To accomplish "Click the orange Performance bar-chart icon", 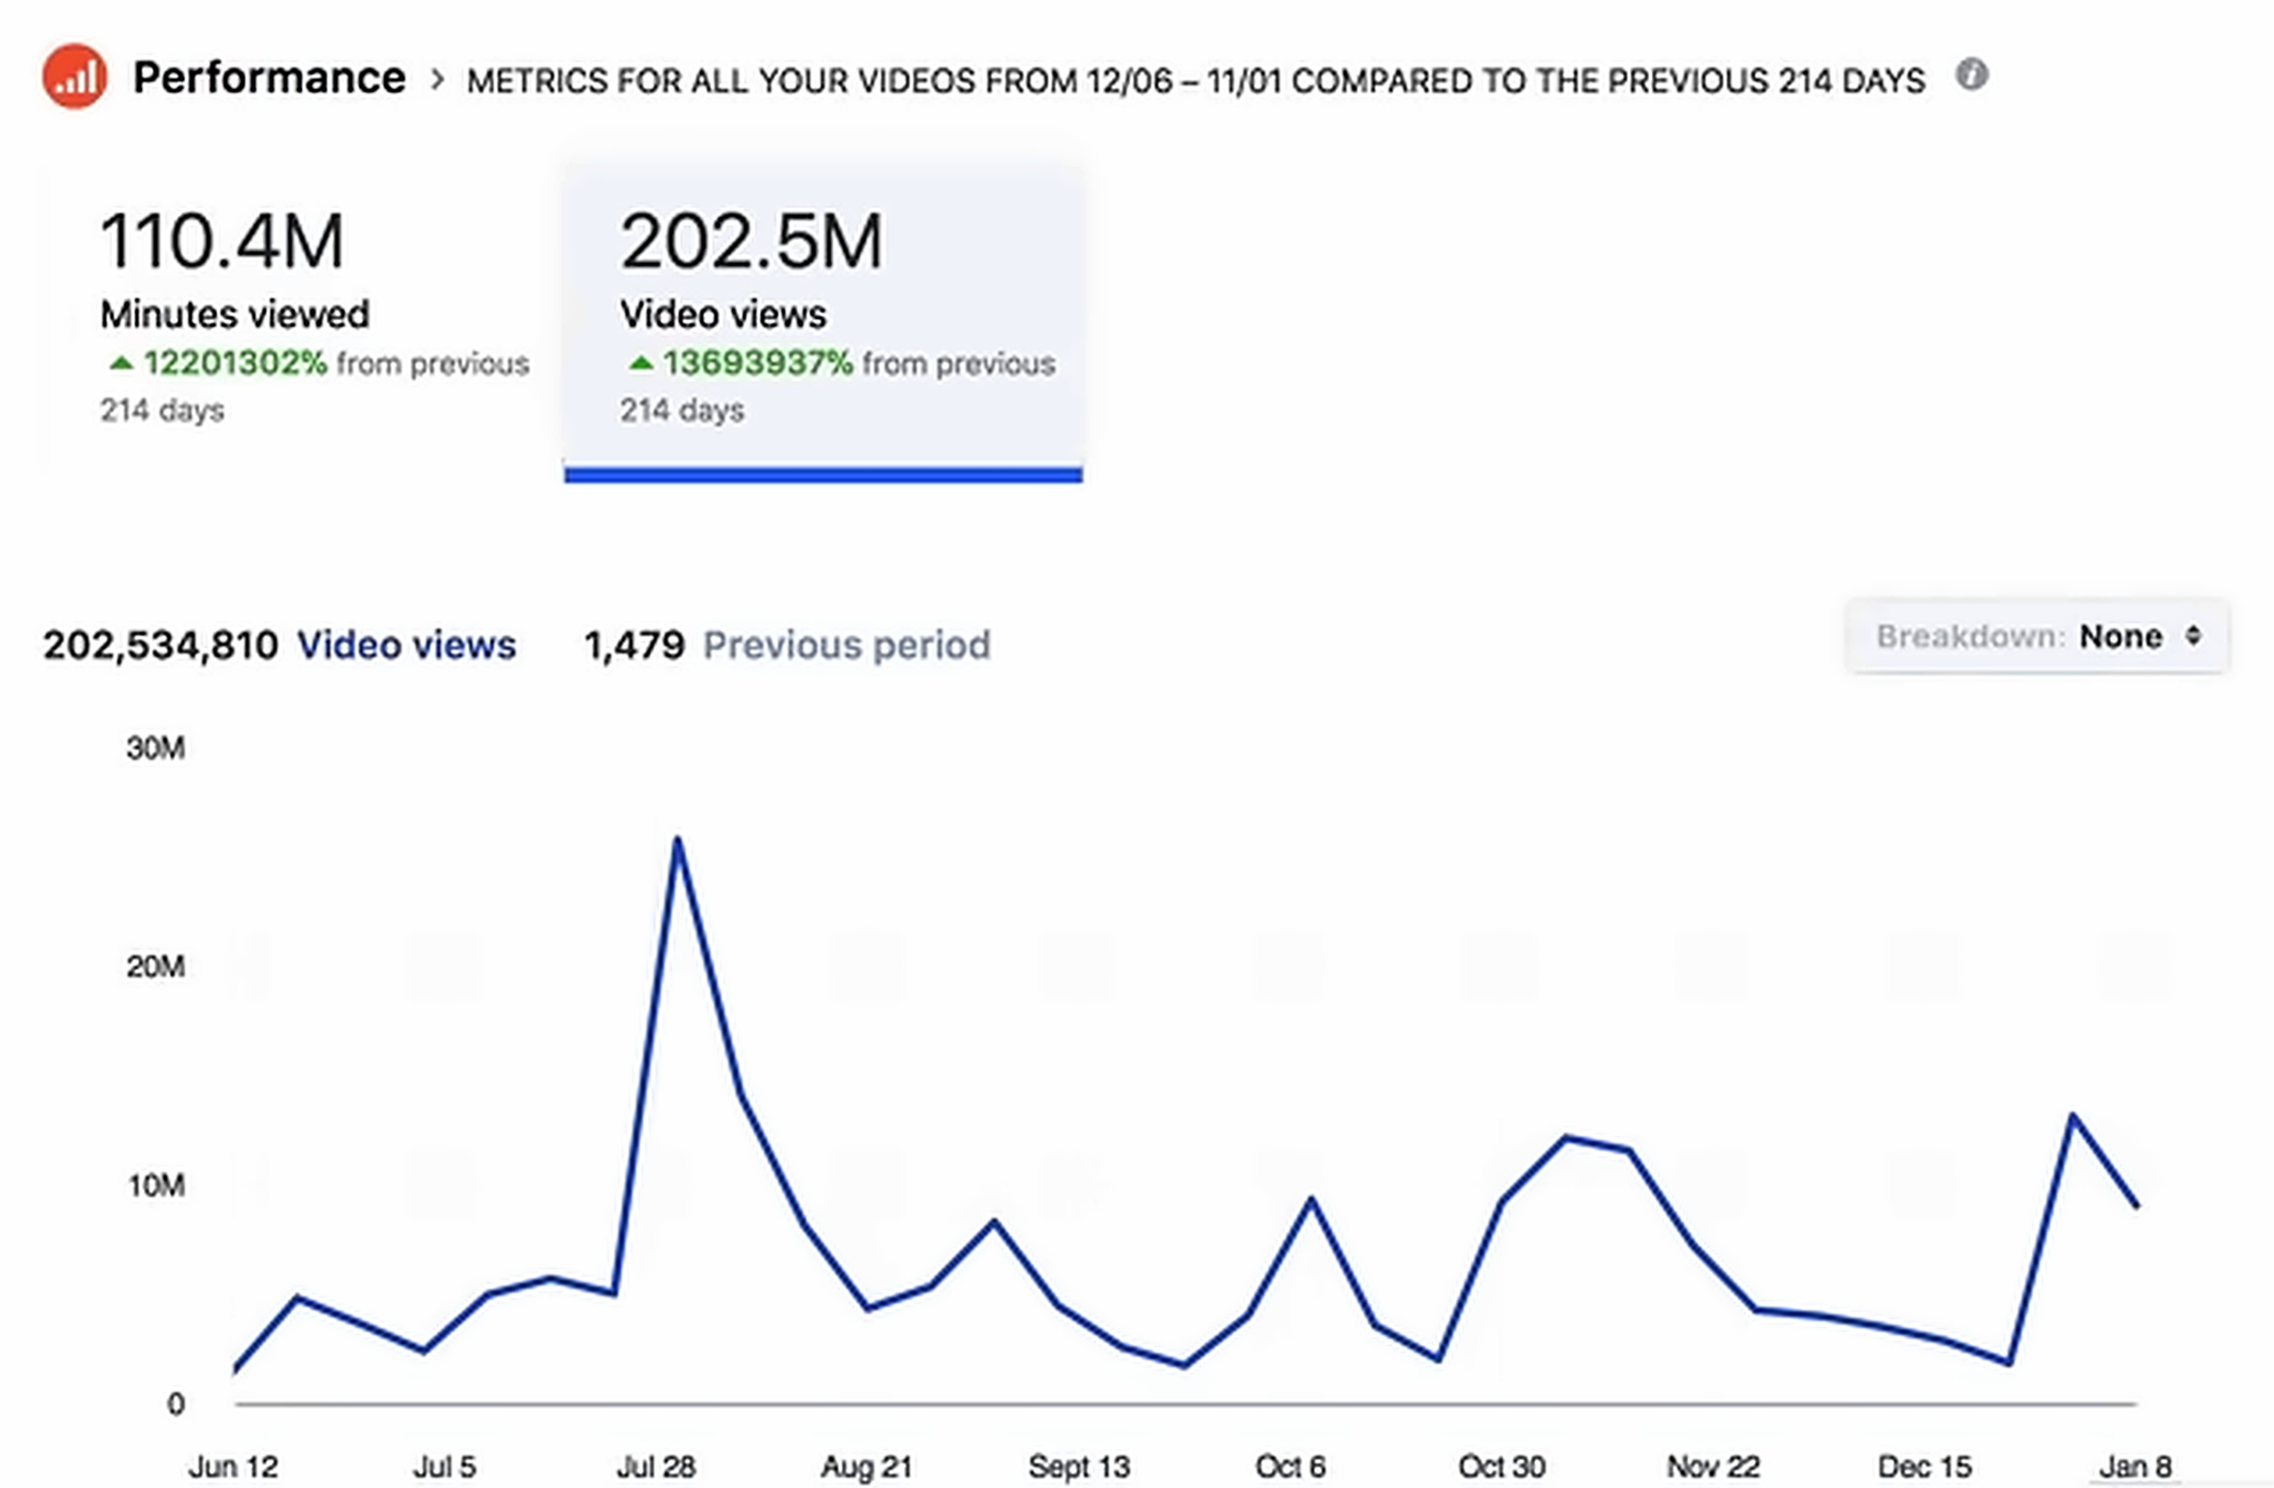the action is coord(75,76).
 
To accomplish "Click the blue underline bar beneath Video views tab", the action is coord(823,475).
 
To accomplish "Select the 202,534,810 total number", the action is coord(160,646).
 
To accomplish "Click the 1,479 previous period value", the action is coord(635,646).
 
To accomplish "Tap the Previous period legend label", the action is coord(847,646).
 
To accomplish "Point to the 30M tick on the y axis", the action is coord(156,748).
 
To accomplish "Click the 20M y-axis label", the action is coord(156,967).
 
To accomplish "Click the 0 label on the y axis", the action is coord(176,1404).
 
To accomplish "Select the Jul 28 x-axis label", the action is coord(656,1466).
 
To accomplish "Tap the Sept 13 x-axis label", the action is coord(1079,1466).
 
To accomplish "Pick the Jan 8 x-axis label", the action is coord(2135,1466).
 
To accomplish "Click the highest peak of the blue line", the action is coord(677,840).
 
